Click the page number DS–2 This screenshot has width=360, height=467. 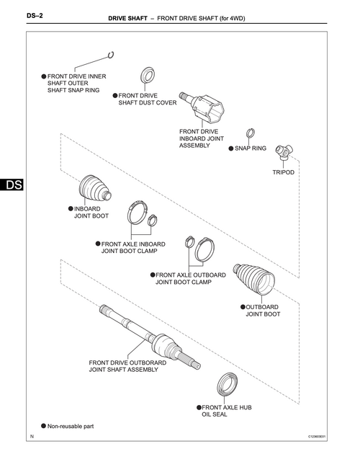[x=35, y=15]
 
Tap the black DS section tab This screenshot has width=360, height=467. [x=12, y=184]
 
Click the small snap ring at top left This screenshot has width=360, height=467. [x=111, y=55]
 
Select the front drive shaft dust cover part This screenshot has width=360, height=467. [x=148, y=76]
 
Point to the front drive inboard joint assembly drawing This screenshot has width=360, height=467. [x=202, y=107]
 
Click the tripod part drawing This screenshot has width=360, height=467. [x=284, y=152]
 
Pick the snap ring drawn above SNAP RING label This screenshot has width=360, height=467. [x=251, y=133]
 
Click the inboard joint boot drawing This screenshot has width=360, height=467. [x=95, y=190]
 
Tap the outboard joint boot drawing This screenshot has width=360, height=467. [x=253, y=279]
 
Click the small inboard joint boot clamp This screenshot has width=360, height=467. [x=153, y=220]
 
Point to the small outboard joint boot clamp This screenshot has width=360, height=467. [x=189, y=242]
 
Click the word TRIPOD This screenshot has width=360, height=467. [x=283, y=172]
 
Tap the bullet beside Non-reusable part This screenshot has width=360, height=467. [x=44, y=426]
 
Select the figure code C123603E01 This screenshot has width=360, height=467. [x=317, y=437]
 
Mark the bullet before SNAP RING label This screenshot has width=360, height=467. [x=231, y=148]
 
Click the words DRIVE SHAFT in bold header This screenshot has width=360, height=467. [x=127, y=19]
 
